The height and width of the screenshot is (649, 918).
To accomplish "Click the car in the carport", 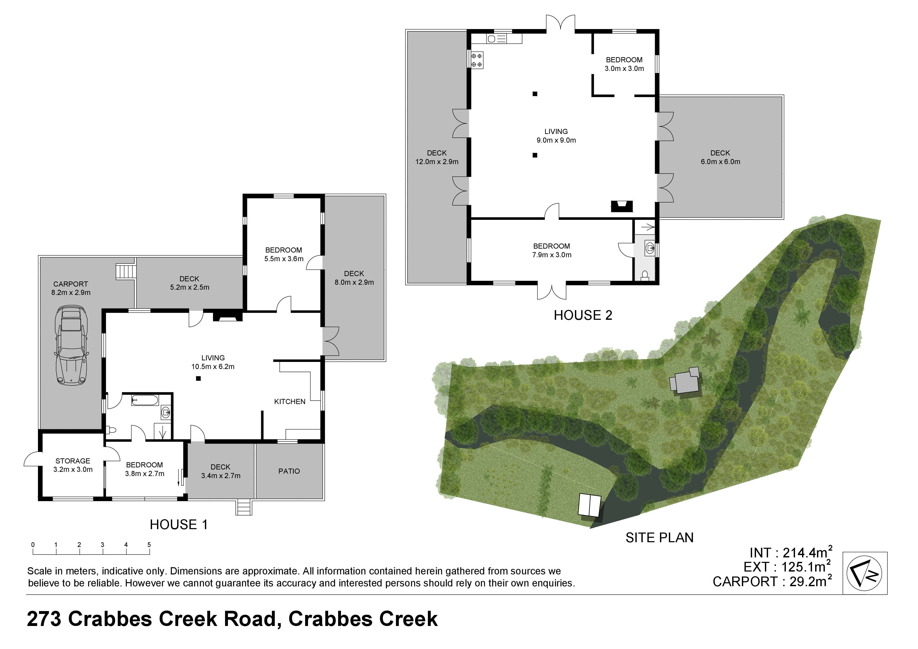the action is [71, 345].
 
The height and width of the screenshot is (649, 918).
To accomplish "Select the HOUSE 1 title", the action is [179, 525].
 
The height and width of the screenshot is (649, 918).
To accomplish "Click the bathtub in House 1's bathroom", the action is [145, 400].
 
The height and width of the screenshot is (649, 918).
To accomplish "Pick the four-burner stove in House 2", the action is [477, 60].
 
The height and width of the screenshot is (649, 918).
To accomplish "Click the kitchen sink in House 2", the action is [497, 39].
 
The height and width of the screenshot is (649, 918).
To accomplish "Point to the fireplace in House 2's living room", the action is [622, 206].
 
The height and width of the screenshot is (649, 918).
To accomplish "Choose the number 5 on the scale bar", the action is [149, 545].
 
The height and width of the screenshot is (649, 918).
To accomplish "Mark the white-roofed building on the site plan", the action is [589, 505].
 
